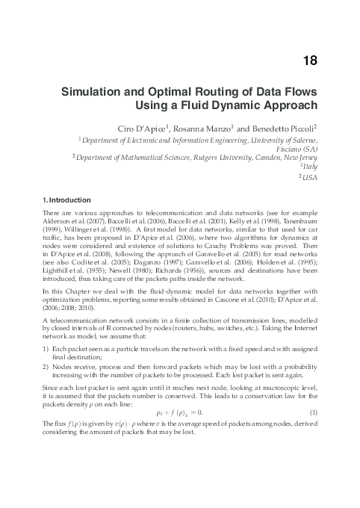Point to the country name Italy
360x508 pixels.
pyautogui.click(x=310, y=167)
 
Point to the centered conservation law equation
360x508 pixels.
pyautogui.click(x=179, y=412)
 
